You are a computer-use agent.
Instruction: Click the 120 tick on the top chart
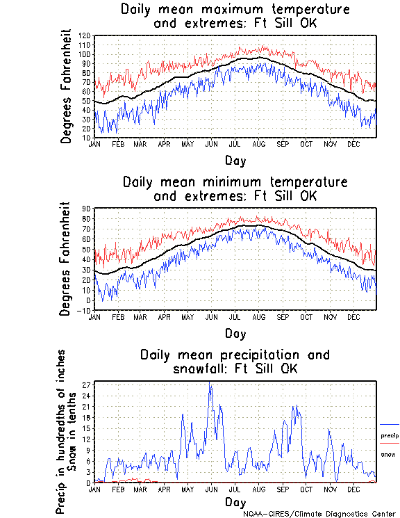click(85, 35)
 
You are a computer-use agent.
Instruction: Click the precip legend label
click(390, 436)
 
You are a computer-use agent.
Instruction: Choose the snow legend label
click(387, 454)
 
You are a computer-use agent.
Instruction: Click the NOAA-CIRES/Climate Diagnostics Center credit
click(319, 513)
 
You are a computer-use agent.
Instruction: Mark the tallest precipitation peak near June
click(210, 383)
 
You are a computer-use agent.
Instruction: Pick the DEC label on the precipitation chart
click(353, 489)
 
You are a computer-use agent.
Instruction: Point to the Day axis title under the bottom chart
click(235, 501)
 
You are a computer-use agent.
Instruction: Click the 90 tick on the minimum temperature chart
click(87, 209)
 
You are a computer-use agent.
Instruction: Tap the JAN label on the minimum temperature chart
click(95, 316)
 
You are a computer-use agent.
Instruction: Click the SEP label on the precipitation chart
click(282, 489)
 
